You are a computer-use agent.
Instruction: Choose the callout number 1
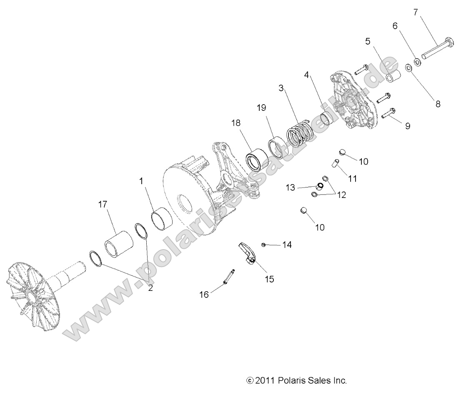[141, 181]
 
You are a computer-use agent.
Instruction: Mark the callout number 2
[150, 287]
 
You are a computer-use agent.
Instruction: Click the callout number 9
[407, 126]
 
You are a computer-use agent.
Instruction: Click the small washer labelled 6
[417, 62]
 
